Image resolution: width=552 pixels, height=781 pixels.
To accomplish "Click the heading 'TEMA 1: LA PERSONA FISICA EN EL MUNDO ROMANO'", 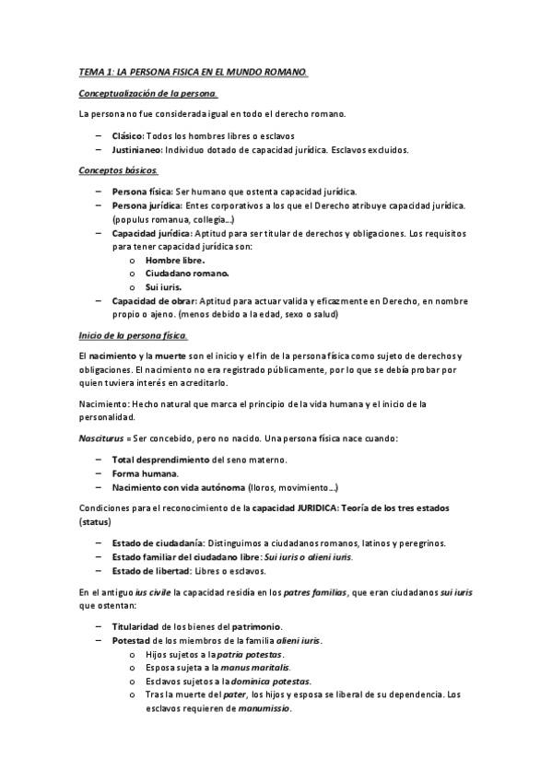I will (194, 72).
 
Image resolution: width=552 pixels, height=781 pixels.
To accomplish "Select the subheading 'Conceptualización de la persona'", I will (148, 94).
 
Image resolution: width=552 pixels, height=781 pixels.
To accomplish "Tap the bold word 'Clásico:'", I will (129, 135).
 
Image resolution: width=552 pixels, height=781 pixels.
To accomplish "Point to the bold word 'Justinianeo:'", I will (137, 149).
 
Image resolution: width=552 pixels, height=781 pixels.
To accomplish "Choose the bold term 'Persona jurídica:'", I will (147, 205).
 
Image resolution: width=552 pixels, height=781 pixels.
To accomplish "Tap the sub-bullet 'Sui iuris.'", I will (163, 287).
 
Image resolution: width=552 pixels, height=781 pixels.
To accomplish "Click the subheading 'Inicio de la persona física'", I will (133, 335).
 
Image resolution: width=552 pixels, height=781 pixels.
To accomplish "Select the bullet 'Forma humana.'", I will (145, 473).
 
